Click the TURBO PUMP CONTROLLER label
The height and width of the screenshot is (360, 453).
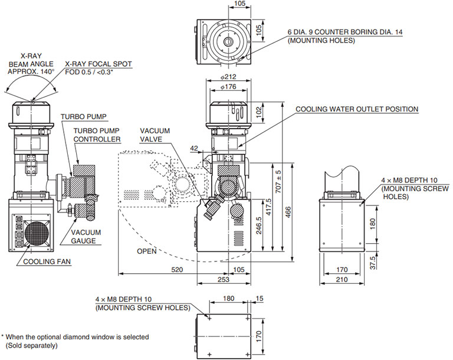(97, 135)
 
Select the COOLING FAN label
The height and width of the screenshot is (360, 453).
(46, 261)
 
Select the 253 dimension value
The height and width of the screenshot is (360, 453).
(223, 280)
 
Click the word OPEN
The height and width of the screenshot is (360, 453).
(146, 251)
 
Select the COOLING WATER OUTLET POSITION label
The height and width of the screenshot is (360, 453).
(357, 109)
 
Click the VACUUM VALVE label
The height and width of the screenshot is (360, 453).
(155, 134)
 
